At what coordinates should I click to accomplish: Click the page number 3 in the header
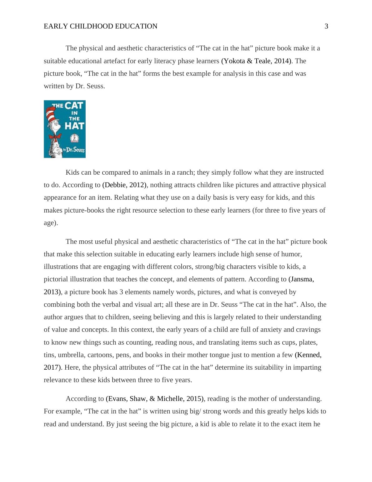(x=326, y=26)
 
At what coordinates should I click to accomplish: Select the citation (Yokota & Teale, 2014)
(x=256, y=61)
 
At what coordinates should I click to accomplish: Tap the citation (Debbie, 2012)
(x=124, y=185)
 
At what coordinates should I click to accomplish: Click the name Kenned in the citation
(x=309, y=355)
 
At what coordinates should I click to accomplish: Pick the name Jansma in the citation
(x=302, y=279)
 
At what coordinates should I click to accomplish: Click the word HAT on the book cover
(x=74, y=126)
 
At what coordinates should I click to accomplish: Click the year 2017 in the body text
(x=52, y=367)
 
